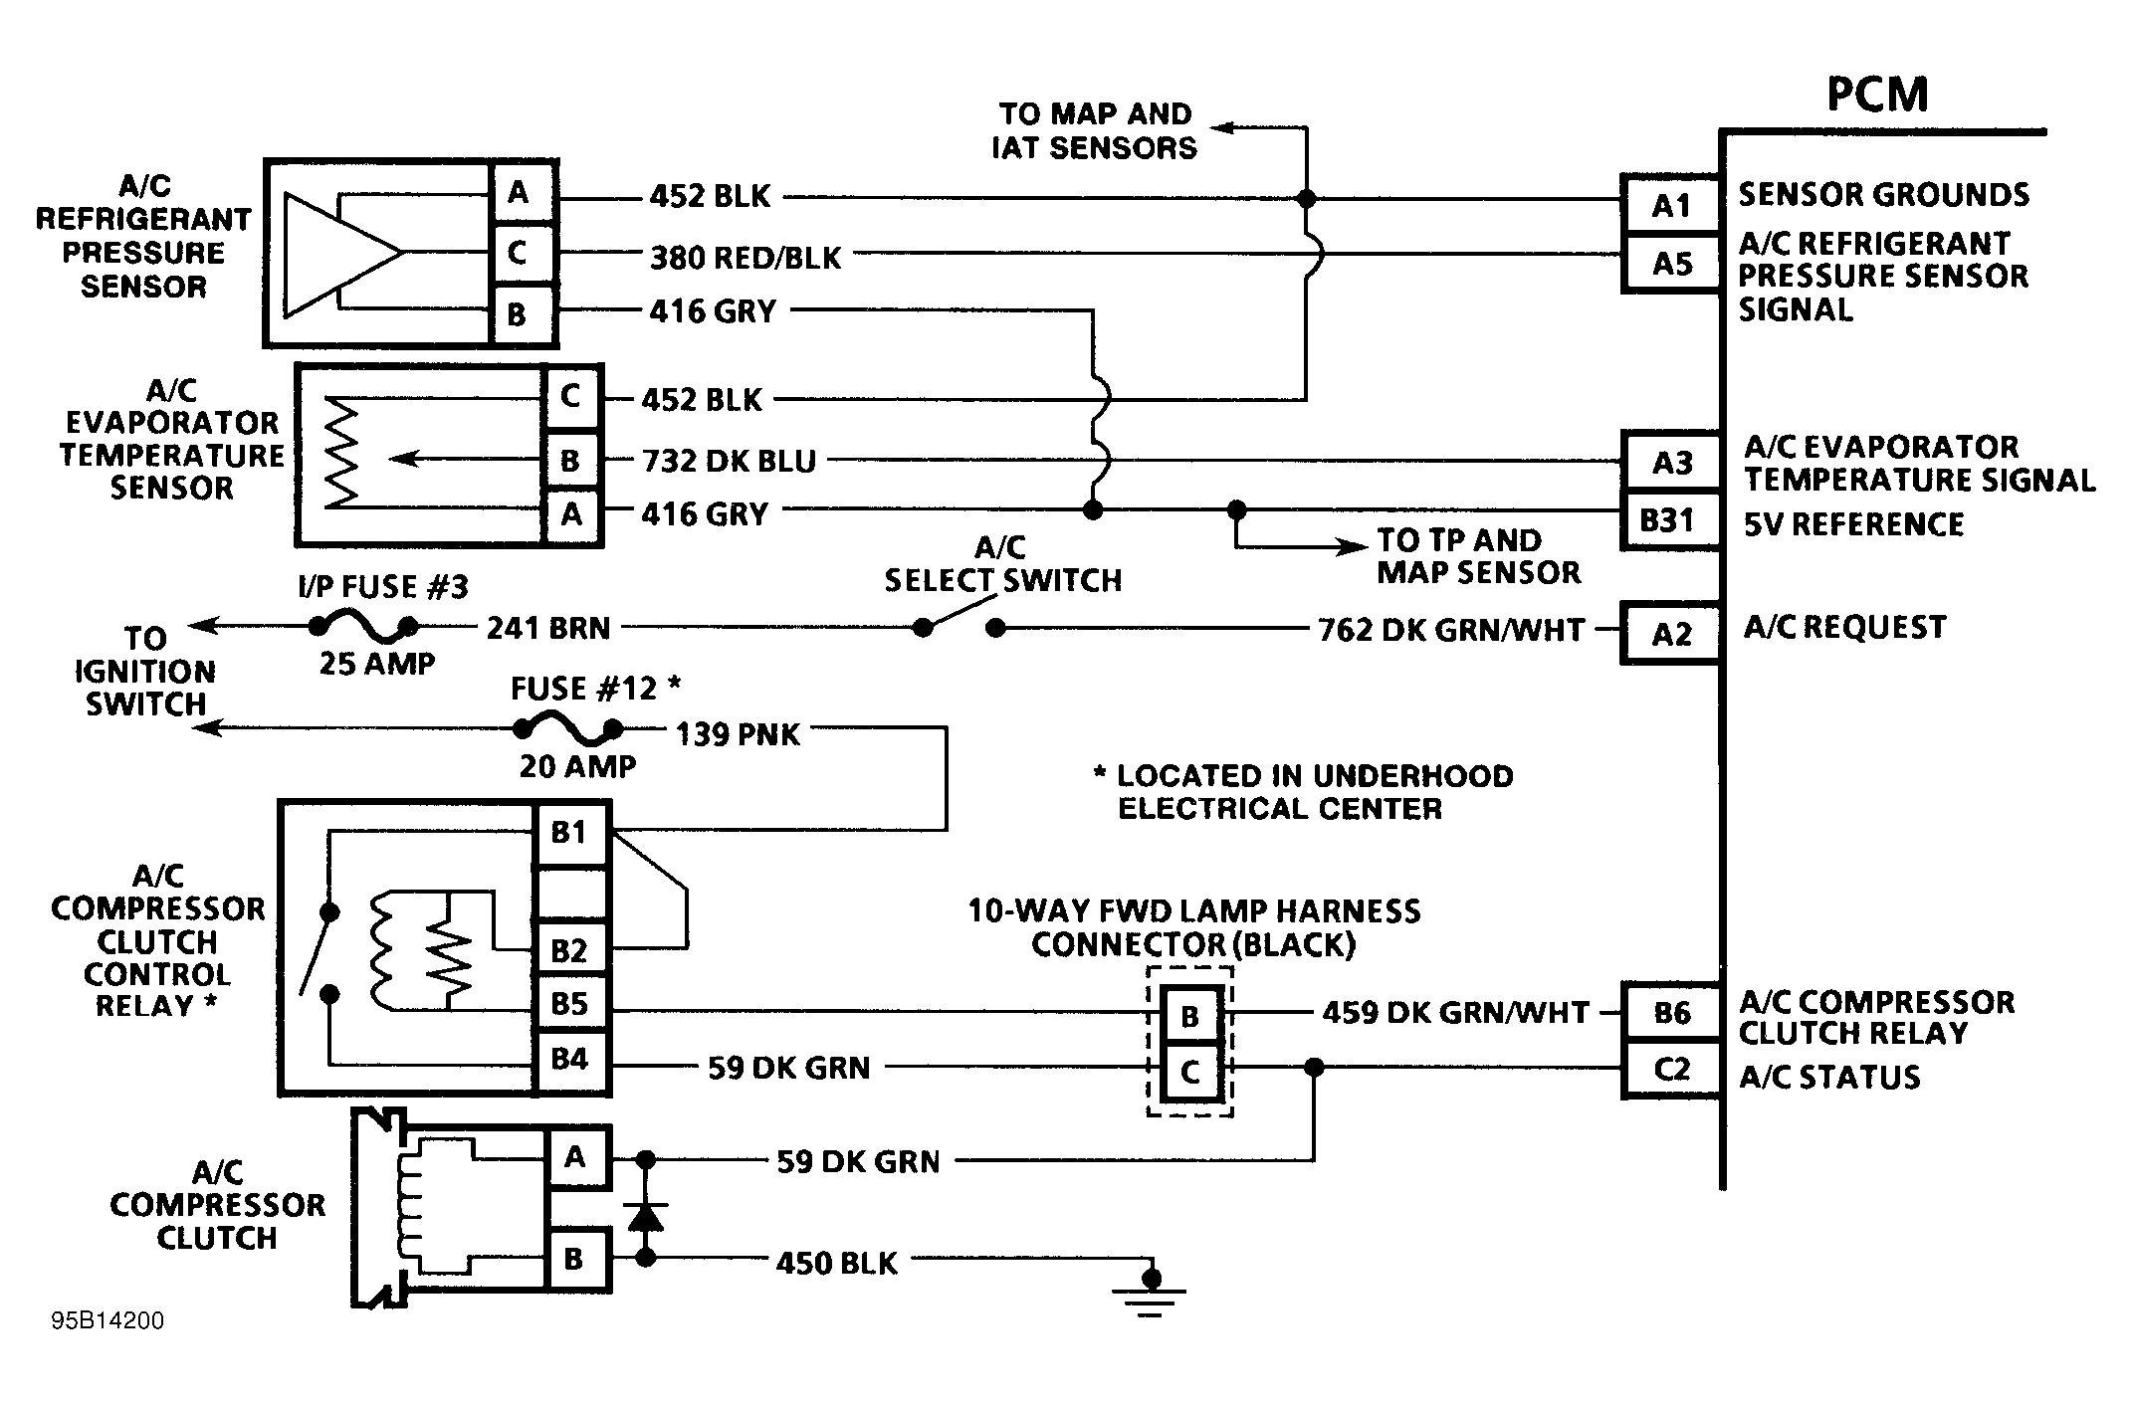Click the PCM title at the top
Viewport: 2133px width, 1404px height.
coord(1877,95)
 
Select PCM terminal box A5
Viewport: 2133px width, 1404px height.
coord(1671,264)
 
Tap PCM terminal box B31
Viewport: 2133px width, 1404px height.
coord(1668,520)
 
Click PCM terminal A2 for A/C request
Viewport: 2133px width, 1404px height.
coord(1671,634)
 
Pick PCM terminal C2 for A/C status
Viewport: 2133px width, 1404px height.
coord(1671,1070)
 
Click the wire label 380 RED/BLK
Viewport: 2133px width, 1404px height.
coord(746,258)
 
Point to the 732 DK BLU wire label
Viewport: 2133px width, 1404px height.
coord(729,461)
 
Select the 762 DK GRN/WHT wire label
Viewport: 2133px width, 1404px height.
coord(1450,630)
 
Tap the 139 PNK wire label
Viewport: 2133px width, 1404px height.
coord(738,734)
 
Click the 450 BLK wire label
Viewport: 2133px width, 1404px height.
coord(836,1263)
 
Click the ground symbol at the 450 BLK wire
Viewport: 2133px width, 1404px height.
coord(1150,1294)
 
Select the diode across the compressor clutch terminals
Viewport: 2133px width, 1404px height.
coord(646,1216)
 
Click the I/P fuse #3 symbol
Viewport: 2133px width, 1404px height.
coord(362,627)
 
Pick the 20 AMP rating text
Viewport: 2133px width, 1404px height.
coord(577,766)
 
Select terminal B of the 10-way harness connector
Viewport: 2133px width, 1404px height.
coord(1189,1016)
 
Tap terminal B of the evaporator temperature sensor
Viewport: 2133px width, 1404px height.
coord(570,461)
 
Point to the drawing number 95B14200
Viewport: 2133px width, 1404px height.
coord(107,1320)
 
